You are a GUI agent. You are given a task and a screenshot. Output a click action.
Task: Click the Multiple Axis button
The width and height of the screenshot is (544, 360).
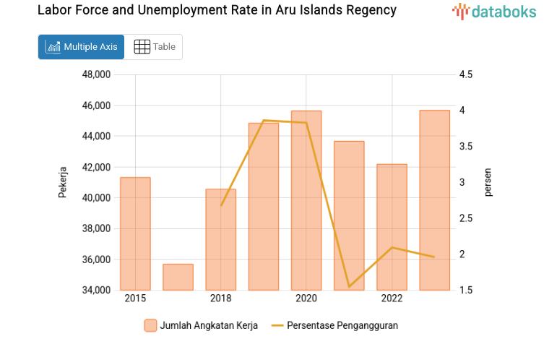click(x=81, y=47)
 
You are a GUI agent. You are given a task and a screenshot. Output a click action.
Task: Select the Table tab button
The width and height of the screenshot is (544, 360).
click(x=155, y=47)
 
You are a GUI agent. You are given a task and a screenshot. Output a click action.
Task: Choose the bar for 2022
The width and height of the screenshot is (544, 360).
click(x=392, y=227)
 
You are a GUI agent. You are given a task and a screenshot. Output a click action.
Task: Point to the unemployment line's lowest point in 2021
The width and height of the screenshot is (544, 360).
click(x=349, y=287)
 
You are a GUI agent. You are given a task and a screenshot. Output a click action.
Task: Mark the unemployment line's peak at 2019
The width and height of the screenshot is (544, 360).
click(x=264, y=120)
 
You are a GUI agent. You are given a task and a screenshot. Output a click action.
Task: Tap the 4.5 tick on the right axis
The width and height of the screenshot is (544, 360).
click(x=465, y=74)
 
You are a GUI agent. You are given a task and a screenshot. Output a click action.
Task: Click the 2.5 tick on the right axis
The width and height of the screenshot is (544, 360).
click(x=465, y=218)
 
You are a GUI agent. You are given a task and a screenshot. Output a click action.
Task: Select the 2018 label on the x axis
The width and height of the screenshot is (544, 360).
click(x=221, y=299)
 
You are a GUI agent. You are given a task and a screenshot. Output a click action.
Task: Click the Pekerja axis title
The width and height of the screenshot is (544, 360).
click(x=63, y=182)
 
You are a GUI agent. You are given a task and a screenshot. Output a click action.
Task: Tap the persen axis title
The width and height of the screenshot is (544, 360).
click(x=488, y=182)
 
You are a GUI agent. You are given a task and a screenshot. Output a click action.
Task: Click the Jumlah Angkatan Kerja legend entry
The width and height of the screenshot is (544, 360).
click(x=202, y=325)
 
